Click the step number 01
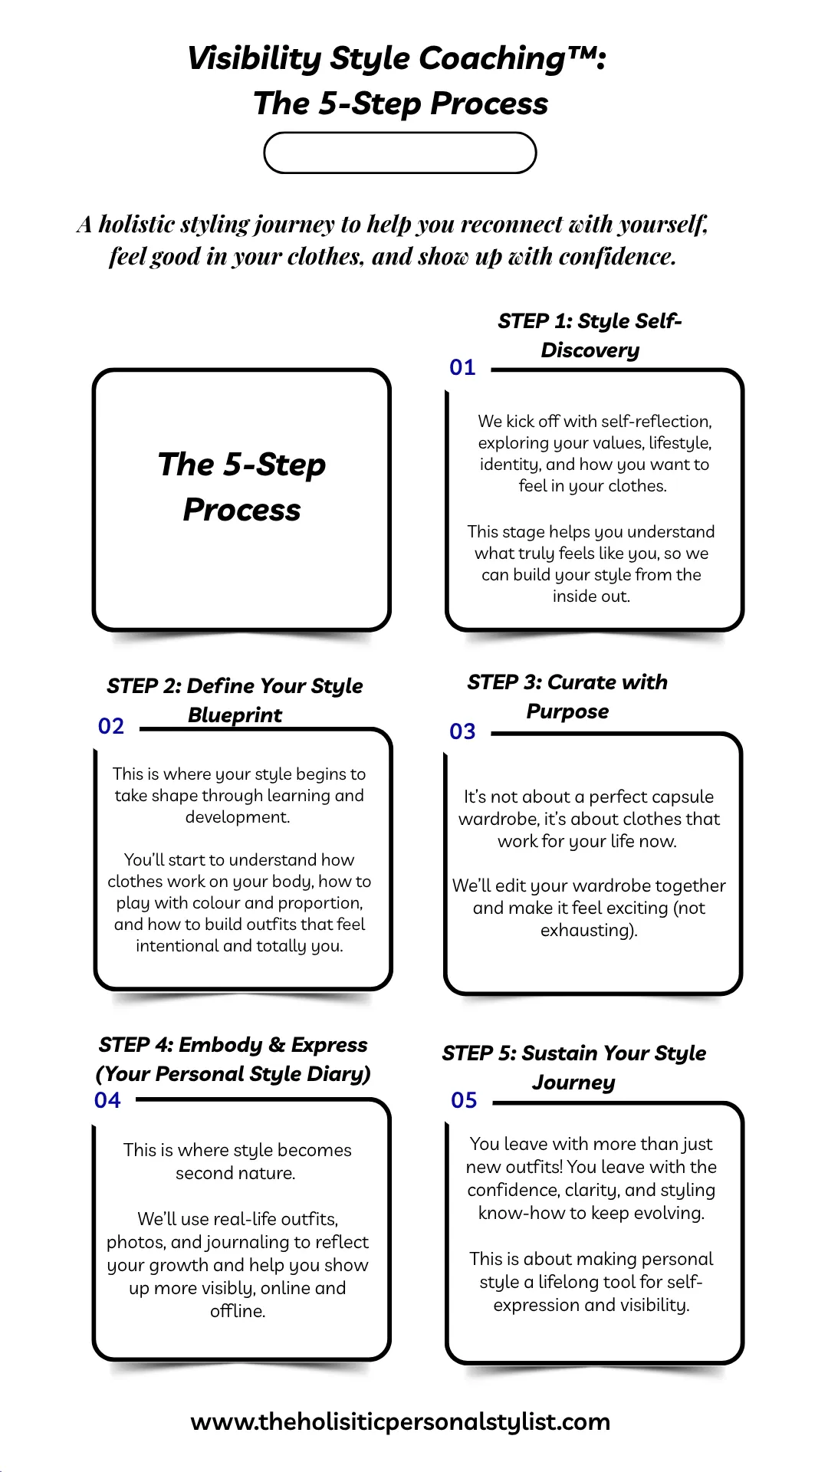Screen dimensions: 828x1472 (462, 367)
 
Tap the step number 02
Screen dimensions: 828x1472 (111, 726)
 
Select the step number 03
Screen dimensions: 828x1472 (462, 731)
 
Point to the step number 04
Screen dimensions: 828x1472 (107, 1100)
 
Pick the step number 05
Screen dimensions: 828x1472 (464, 1100)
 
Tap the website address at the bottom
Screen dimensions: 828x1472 (400, 1422)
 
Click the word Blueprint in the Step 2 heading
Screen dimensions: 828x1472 (235, 715)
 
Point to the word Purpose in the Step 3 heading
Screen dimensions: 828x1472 (567, 712)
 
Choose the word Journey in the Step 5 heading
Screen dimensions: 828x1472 (573, 1083)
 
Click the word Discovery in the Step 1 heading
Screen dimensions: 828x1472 (590, 351)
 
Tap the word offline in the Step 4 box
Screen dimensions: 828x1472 (235, 1311)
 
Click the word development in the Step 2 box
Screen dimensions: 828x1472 (236, 817)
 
